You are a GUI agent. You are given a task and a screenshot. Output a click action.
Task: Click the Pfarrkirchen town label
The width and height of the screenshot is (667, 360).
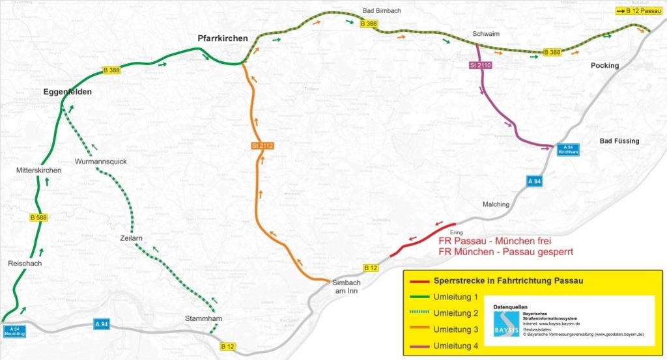tap(223, 39)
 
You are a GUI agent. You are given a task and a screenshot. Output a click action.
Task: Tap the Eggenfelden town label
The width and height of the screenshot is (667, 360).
tap(68, 92)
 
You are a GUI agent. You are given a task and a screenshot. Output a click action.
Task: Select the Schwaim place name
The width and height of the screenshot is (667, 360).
tap(485, 34)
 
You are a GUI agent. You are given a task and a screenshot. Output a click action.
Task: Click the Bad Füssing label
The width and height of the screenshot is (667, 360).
tap(619, 141)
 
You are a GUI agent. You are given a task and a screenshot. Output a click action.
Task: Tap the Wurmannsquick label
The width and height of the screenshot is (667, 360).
tap(100, 161)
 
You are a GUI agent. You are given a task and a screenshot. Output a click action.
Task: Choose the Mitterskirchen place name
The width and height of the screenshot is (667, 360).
tap(39, 171)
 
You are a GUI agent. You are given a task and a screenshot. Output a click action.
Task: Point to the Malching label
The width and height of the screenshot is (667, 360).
tap(496, 204)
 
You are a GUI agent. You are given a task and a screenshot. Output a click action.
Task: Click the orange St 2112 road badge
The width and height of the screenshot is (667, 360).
tap(263, 146)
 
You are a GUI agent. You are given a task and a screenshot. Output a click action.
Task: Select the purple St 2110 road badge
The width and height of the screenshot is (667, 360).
tap(479, 66)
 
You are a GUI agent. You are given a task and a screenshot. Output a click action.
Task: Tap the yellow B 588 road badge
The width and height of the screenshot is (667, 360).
tap(39, 217)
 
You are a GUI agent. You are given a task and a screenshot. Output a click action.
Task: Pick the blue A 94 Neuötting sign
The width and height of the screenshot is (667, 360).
tap(14, 330)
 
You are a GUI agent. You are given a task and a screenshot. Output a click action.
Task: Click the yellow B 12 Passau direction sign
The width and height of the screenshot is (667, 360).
tap(638, 11)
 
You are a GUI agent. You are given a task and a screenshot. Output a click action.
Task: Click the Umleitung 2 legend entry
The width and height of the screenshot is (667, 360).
tap(450, 313)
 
